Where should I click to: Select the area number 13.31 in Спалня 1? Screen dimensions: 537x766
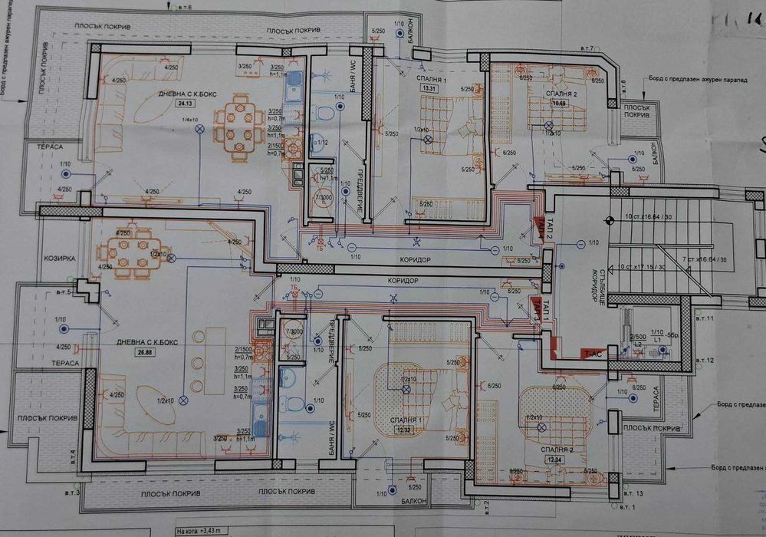429,88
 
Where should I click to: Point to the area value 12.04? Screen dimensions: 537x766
554,459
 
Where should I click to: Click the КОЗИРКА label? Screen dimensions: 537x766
58,259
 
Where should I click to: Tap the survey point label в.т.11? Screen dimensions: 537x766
704,317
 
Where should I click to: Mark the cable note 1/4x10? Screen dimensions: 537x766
189,120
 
